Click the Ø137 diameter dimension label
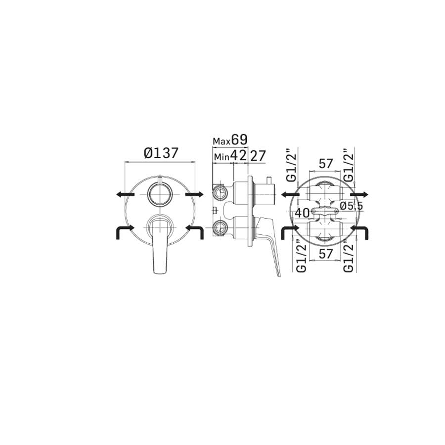tap(161, 153)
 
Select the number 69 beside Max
tap(239, 139)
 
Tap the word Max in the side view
tap(222, 141)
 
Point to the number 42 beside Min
tap(238, 155)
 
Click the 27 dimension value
tap(258, 156)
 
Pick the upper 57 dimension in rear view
tap(325, 164)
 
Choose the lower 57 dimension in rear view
tap(325, 254)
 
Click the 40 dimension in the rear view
tap(302, 213)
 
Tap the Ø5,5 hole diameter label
tap(352, 206)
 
